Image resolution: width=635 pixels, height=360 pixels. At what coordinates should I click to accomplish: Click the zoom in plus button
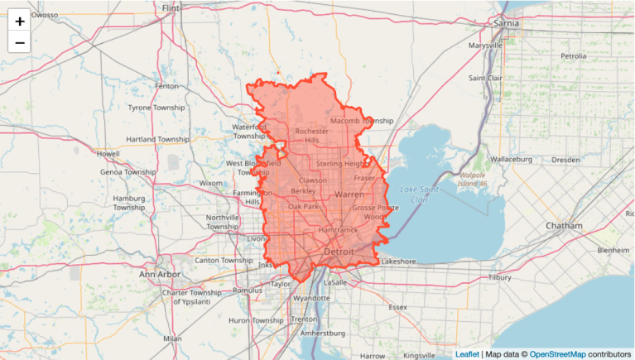coord(20,21)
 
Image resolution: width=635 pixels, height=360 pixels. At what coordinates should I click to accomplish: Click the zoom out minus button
coord(20,42)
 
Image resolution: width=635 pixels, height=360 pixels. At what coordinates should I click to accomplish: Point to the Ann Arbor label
coord(159,274)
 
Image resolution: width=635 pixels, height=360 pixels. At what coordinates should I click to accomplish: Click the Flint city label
coord(171,7)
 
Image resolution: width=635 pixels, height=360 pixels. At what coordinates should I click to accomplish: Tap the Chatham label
coord(564,226)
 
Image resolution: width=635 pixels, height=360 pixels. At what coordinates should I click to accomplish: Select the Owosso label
coord(45,15)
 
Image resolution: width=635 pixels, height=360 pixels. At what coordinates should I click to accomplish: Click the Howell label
coord(108,154)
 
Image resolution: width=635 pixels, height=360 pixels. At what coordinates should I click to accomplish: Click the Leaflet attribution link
coord(466,354)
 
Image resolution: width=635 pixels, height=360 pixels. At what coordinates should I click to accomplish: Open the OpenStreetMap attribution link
coord(559,354)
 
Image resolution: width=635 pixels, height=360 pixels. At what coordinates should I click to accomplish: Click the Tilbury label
coord(500,278)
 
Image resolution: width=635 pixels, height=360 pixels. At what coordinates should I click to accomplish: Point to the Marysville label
coord(484,46)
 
